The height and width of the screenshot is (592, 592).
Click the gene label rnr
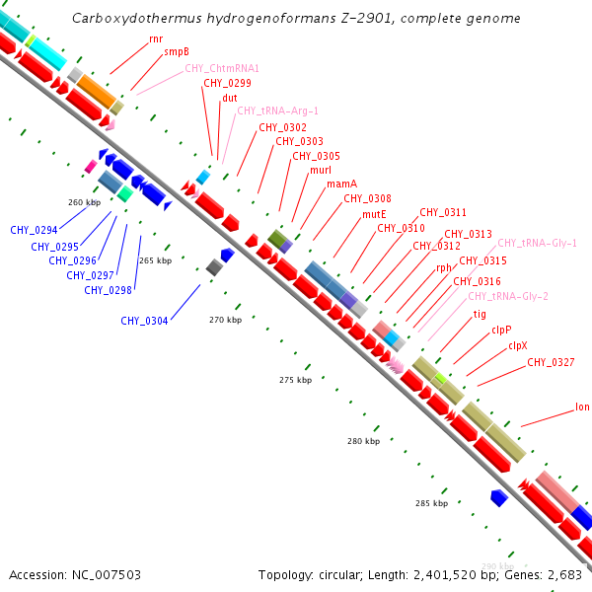(156, 38)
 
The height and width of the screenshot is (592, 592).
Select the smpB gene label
(177, 52)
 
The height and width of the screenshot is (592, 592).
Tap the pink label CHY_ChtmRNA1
(222, 68)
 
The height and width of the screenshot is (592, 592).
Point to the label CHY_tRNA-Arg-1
(277, 111)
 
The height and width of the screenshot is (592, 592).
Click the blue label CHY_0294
(34, 231)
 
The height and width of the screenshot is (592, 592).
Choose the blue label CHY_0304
(144, 320)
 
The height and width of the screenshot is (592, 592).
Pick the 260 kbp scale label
(85, 202)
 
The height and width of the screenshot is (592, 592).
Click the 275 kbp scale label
(295, 380)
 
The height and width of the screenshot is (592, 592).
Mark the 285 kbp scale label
(430, 503)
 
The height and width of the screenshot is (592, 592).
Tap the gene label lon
(582, 407)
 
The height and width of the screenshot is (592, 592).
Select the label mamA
(341, 185)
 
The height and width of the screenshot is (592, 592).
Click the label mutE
(374, 214)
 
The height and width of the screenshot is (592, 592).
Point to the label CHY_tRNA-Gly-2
(508, 296)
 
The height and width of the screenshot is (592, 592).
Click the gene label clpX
(518, 346)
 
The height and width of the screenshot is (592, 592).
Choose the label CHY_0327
(550, 362)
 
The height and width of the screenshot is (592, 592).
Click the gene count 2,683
(562, 574)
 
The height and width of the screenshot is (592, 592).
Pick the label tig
(481, 315)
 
